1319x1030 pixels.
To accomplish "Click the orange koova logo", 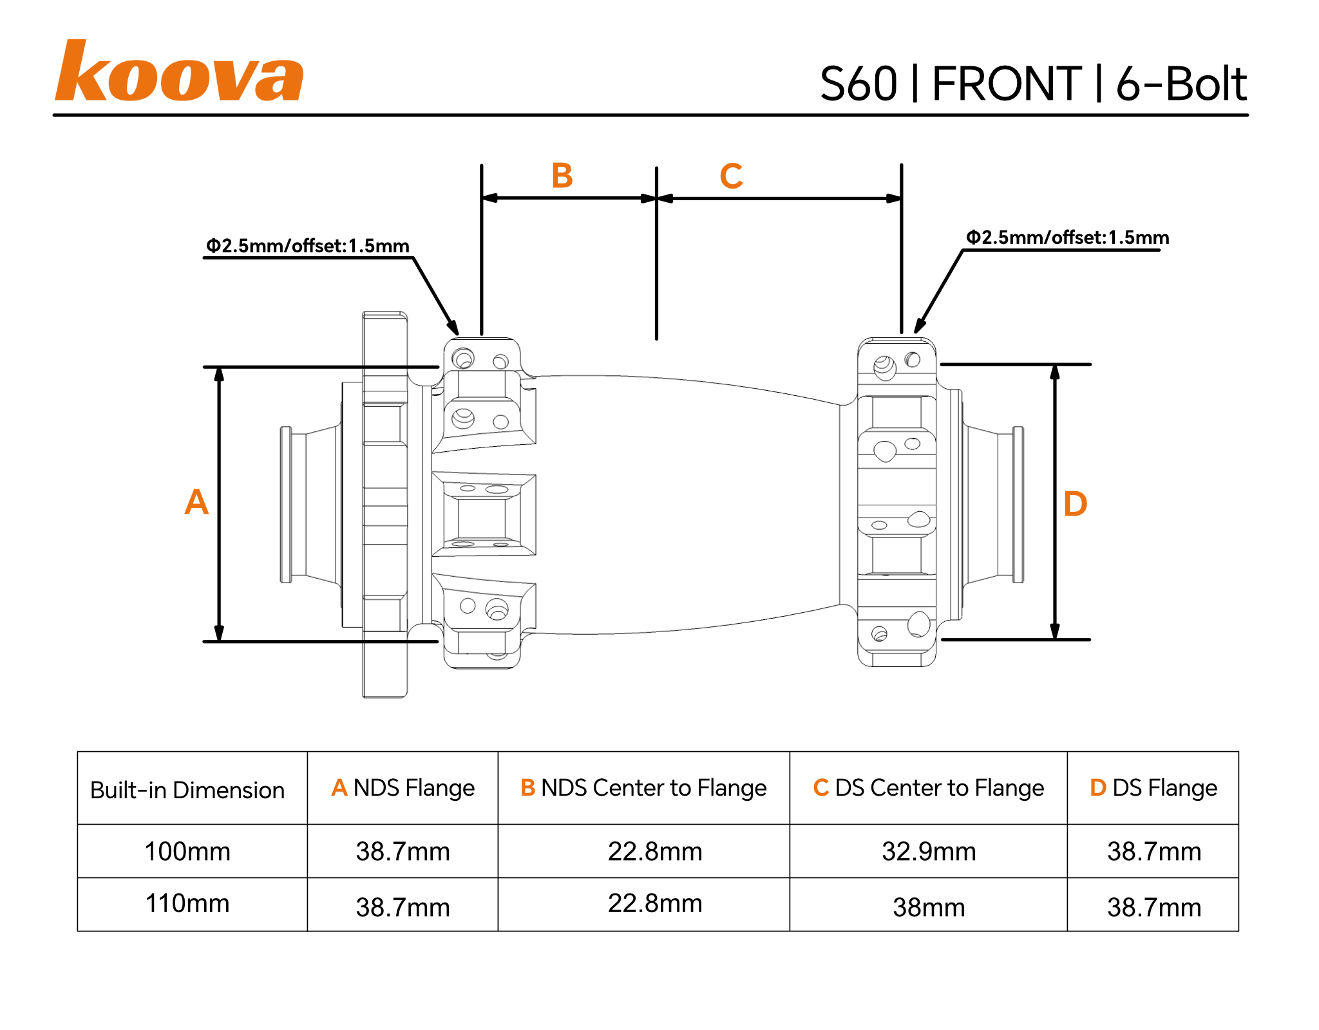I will click(178, 72).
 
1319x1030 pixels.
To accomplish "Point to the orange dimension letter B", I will click(562, 176).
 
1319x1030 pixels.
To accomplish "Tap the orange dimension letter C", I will click(731, 176).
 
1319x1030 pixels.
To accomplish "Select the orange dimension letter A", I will click(196, 502).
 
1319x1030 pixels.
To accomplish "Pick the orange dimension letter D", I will click(1075, 504).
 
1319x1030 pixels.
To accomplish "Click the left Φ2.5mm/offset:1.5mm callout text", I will click(307, 246).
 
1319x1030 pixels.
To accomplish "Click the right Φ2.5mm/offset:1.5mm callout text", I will click(1067, 238).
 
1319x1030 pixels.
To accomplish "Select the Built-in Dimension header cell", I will click(187, 790).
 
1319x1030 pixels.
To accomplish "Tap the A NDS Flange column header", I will click(403, 788).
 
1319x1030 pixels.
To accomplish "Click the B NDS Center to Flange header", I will click(643, 788).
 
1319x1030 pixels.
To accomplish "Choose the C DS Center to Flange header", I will click(928, 788).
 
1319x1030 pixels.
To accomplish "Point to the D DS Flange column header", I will click(1153, 788).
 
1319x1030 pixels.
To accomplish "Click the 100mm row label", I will click(187, 852).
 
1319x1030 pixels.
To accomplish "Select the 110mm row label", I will click(187, 904).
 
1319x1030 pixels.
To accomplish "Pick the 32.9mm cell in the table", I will click(929, 852).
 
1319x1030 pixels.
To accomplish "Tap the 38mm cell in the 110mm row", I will click(929, 908).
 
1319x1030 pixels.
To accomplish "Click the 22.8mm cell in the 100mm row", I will click(655, 852).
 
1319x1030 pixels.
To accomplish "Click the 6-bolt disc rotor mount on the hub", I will click(384, 505).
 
